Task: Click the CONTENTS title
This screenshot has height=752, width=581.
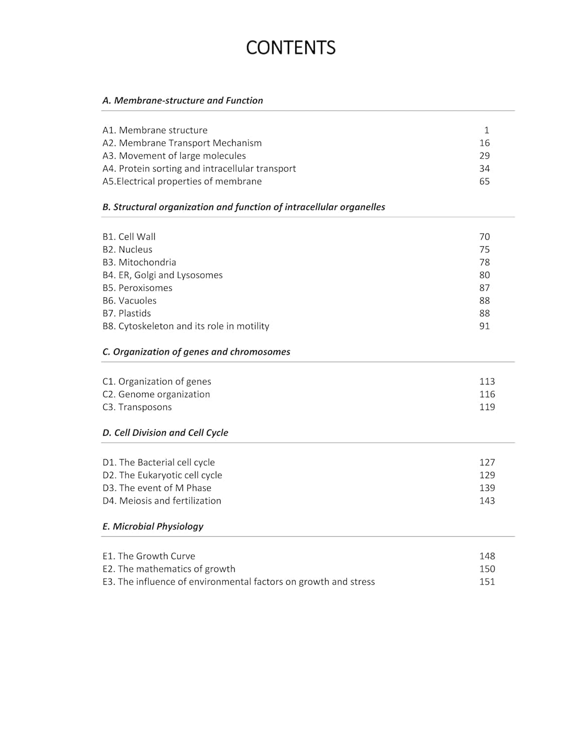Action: click(x=290, y=48)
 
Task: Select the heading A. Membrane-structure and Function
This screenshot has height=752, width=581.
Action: click(x=182, y=100)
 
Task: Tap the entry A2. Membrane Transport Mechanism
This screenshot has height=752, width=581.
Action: click(x=182, y=143)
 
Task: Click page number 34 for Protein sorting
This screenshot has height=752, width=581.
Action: click(x=484, y=168)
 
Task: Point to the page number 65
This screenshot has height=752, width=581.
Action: click(x=484, y=181)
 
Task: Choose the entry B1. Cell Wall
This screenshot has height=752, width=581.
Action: click(x=129, y=237)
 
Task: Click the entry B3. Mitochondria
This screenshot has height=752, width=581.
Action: click(x=139, y=262)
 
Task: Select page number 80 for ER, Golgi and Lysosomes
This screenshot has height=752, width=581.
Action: click(x=484, y=275)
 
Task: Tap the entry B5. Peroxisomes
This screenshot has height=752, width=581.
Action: click(x=137, y=288)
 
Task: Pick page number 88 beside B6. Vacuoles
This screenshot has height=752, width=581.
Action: click(x=484, y=300)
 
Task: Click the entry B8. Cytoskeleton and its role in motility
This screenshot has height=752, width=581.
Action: click(x=185, y=326)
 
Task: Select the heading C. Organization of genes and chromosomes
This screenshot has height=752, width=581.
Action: click(x=196, y=352)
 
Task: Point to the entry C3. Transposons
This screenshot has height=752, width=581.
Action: click(x=137, y=407)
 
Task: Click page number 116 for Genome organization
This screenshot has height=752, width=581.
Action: click(x=487, y=394)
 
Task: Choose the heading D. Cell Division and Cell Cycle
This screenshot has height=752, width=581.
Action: click(x=165, y=433)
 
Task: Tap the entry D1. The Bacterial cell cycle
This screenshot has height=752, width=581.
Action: click(x=158, y=462)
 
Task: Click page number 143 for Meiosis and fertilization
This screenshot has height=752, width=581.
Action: click(x=487, y=500)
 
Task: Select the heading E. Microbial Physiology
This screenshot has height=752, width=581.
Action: click(x=152, y=526)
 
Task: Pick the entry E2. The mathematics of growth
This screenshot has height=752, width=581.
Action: click(x=168, y=569)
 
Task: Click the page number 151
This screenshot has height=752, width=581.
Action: click(x=487, y=582)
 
